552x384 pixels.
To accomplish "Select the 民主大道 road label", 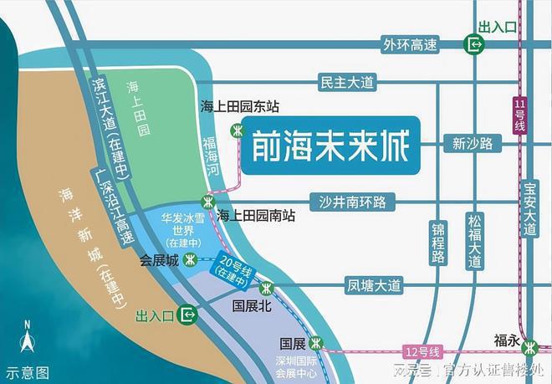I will tap(347, 82).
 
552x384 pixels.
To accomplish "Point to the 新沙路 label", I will tap(473, 143).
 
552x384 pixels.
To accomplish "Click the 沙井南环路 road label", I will tap(351, 201).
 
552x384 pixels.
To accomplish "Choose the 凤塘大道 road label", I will tap(374, 286).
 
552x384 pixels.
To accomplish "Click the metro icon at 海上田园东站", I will tap(238, 130).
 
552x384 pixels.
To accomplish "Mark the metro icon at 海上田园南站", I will tap(207, 202).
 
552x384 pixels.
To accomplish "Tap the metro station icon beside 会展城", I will tap(192, 259).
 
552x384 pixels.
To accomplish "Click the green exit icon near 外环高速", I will tap(475, 44).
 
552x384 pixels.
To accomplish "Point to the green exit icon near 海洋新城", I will tap(189, 315).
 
